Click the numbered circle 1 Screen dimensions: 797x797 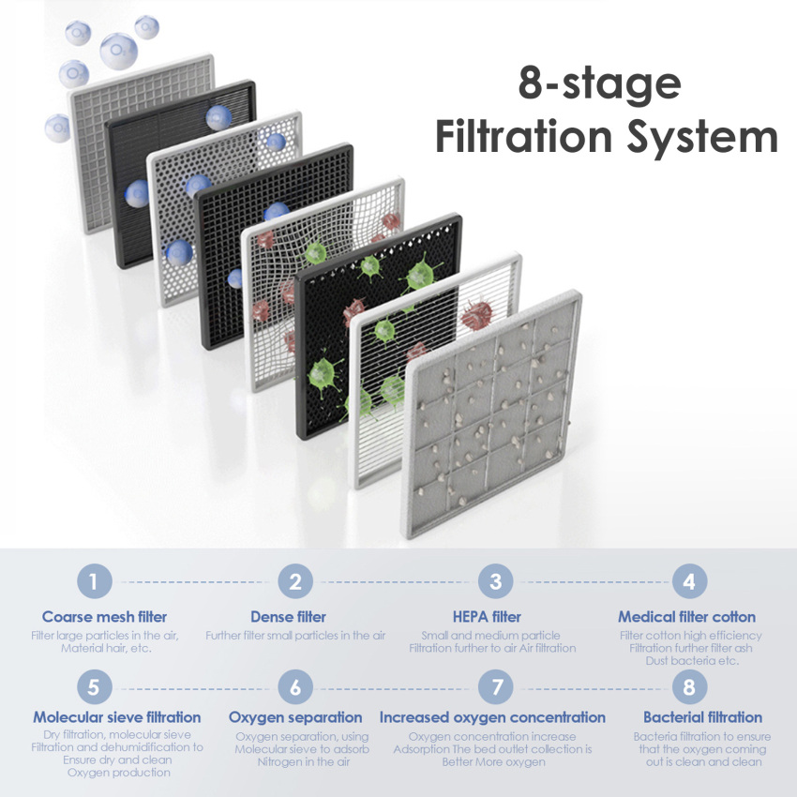tap(95, 581)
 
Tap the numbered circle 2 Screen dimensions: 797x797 tap(295, 581)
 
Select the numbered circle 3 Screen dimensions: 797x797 tap(496, 581)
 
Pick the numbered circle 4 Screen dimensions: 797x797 tap(689, 581)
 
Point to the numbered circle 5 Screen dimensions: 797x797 tap(95, 686)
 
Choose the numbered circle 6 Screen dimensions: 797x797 tap(295, 686)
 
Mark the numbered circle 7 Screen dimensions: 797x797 tap(496, 686)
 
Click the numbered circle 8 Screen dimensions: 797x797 tap(689, 686)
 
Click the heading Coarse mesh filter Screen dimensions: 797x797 tap(104, 617)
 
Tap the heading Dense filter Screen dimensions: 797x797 tap(288, 617)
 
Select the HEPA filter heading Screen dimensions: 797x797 tap(487, 617)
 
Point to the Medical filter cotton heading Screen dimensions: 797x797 tap(686, 617)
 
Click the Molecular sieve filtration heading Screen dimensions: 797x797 tap(117, 717)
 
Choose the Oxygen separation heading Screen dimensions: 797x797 tap(295, 717)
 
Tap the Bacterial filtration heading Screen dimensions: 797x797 tap(703, 717)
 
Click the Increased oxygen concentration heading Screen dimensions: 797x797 tap(492, 717)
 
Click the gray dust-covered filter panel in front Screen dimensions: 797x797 tap(491, 414)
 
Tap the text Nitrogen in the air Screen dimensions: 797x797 tap(304, 762)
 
